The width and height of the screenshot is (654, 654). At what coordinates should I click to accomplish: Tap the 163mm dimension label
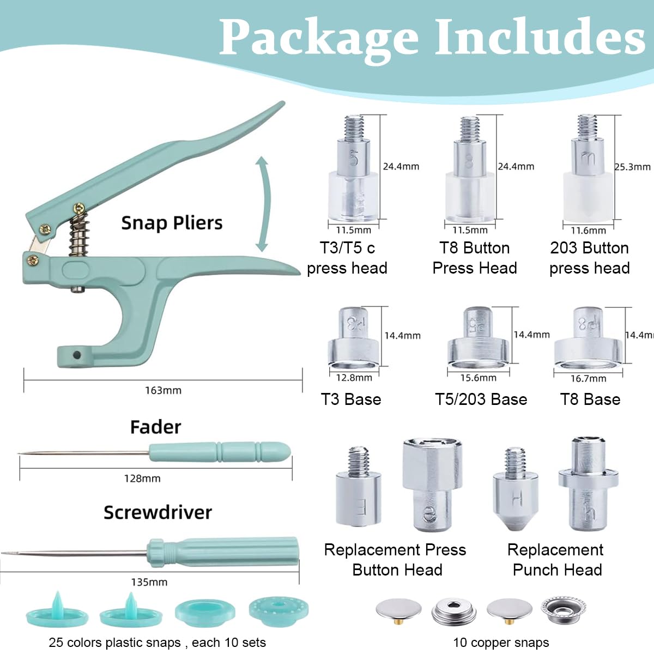(163, 390)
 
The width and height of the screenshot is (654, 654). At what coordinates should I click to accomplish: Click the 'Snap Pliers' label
(172, 223)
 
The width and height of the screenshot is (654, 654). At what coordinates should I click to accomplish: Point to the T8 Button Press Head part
(469, 174)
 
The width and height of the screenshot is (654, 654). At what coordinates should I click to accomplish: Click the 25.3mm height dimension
(632, 167)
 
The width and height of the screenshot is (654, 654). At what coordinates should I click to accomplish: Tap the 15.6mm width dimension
(478, 378)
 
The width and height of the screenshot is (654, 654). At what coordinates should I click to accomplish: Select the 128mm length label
(142, 479)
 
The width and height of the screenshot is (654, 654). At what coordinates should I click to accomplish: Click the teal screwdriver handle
(223, 552)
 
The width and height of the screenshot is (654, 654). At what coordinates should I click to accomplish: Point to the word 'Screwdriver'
(158, 512)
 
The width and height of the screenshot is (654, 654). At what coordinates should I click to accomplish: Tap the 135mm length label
(149, 582)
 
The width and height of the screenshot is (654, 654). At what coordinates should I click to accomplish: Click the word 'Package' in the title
(319, 37)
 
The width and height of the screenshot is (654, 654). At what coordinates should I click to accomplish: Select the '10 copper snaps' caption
(501, 643)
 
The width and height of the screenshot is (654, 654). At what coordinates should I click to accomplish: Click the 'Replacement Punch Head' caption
(556, 560)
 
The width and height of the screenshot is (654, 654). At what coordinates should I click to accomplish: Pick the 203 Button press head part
(588, 174)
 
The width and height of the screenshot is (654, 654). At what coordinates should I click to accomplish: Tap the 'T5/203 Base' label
(481, 399)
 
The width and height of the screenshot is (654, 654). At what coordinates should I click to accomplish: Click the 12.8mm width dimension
(354, 378)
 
